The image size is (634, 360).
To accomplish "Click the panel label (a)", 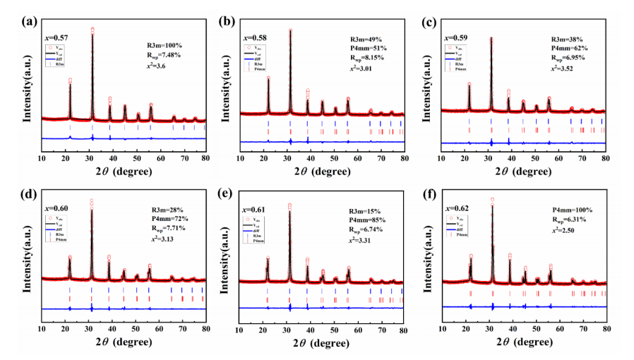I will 31,20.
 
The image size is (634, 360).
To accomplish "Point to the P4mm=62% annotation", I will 569,48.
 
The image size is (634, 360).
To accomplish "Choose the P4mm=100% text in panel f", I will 571,210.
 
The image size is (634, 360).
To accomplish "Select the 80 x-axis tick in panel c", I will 605,158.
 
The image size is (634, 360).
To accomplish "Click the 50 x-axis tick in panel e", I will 335,329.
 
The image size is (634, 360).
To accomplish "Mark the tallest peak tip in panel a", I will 92,30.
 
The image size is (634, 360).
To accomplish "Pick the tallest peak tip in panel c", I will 491,38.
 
